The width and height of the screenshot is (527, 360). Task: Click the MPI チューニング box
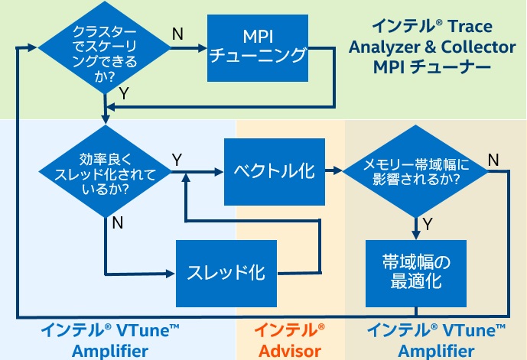(258, 48)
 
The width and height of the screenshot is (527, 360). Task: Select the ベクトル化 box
(275, 172)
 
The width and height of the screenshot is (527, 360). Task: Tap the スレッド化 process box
(226, 274)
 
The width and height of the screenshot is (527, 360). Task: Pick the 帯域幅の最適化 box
(416, 274)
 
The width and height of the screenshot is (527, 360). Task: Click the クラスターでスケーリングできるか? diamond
(105, 47)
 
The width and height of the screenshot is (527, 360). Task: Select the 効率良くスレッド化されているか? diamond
(106, 172)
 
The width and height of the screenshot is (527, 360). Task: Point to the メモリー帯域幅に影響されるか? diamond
(415, 171)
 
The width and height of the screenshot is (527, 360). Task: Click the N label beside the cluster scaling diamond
(177, 34)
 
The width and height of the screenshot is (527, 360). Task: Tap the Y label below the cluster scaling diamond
(124, 93)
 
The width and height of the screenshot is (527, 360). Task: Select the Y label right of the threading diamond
(177, 160)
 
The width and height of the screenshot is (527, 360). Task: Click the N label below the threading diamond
(118, 222)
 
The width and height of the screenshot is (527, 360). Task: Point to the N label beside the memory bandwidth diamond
(493, 160)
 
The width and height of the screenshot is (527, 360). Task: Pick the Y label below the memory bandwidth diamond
(428, 224)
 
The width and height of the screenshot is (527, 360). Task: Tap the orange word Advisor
(290, 351)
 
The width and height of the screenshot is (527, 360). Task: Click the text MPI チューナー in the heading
(432, 66)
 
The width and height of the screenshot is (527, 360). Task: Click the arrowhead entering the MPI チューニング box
(202, 48)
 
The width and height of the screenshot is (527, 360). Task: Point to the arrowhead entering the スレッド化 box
(171, 274)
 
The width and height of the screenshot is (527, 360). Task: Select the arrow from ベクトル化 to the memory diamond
(333, 171)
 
